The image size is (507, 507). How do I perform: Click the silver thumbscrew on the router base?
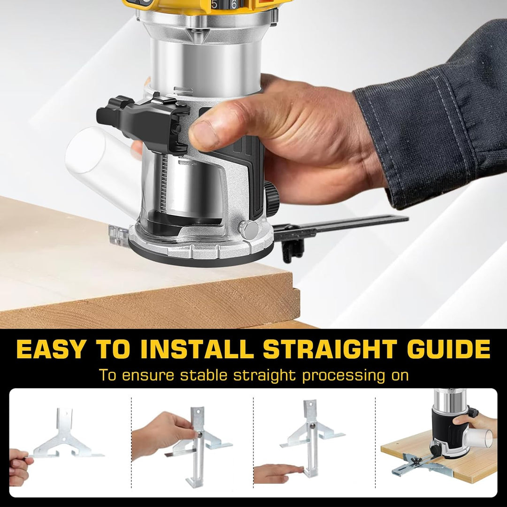click(x=248, y=229)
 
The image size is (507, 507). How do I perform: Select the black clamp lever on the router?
click(x=141, y=117)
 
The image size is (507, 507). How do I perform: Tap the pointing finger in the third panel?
click(x=277, y=472)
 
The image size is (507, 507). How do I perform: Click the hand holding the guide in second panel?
click(x=160, y=434)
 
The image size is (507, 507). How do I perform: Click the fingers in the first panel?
click(x=19, y=467)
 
